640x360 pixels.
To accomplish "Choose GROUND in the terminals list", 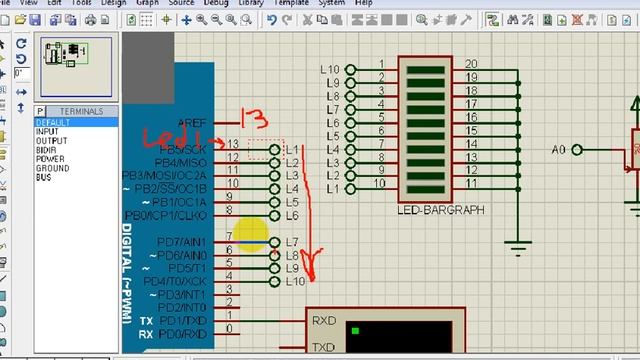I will click(52, 168).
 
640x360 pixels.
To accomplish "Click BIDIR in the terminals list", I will click(46, 150).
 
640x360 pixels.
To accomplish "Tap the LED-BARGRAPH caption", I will click(441, 210).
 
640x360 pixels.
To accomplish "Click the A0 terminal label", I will click(559, 149).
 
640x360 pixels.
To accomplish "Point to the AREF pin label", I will click(192, 123).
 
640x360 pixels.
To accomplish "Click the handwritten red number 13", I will click(257, 121).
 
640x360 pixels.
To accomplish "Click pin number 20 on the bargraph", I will click(471, 64).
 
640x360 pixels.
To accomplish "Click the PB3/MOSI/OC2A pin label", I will click(165, 176).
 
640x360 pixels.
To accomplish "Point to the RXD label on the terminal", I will click(323, 322).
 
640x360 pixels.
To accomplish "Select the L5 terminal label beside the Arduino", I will click(292, 202).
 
